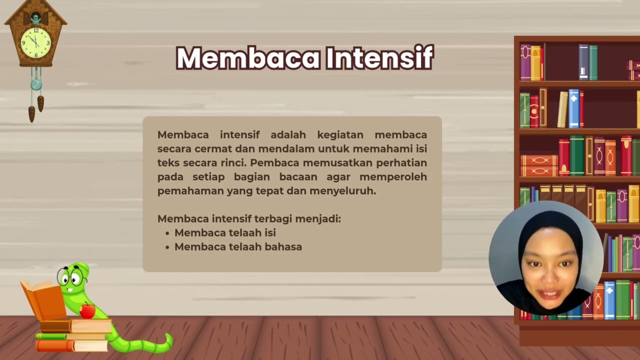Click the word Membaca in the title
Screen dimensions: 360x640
[x=248, y=58]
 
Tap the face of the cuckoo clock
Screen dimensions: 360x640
[x=35, y=42]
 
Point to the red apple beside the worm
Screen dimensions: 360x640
[x=87, y=310]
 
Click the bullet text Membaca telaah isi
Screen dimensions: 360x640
[x=225, y=233]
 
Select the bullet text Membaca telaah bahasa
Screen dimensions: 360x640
[x=238, y=247]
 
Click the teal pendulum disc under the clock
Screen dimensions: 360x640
[x=36, y=84]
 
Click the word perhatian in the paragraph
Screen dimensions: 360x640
[x=402, y=163]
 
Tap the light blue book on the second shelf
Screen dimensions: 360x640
[x=573, y=108]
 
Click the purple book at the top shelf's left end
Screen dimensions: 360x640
[x=525, y=62]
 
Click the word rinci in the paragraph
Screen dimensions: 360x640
[x=233, y=163]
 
